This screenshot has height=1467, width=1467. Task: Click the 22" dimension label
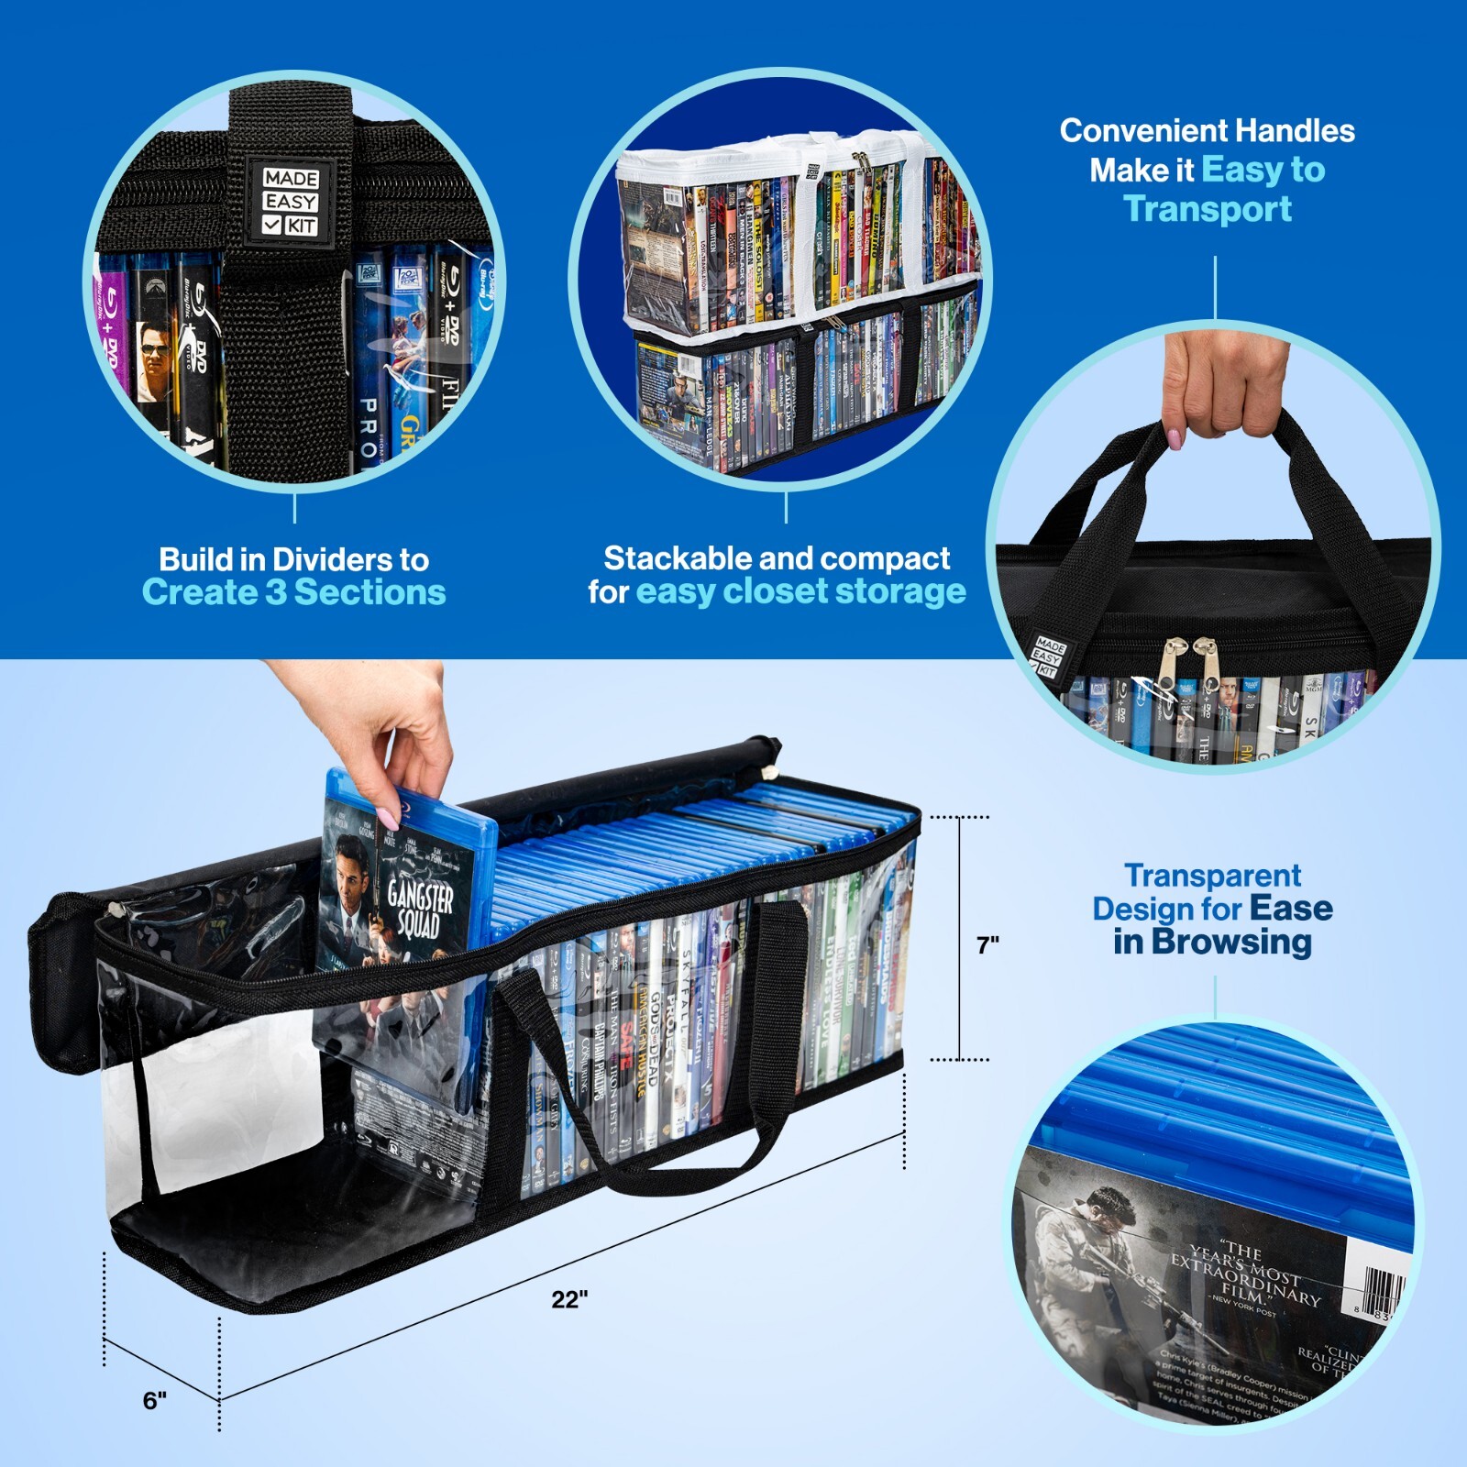click(568, 1299)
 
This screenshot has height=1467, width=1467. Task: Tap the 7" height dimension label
click(987, 944)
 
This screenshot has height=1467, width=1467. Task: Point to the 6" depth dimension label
click(155, 1400)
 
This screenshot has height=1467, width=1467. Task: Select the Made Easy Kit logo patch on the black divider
click(290, 202)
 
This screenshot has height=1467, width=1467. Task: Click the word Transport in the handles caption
click(1208, 209)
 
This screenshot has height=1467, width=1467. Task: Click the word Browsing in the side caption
click(1231, 942)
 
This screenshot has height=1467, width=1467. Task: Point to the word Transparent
click(1212, 876)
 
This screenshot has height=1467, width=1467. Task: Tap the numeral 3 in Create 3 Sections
click(275, 592)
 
